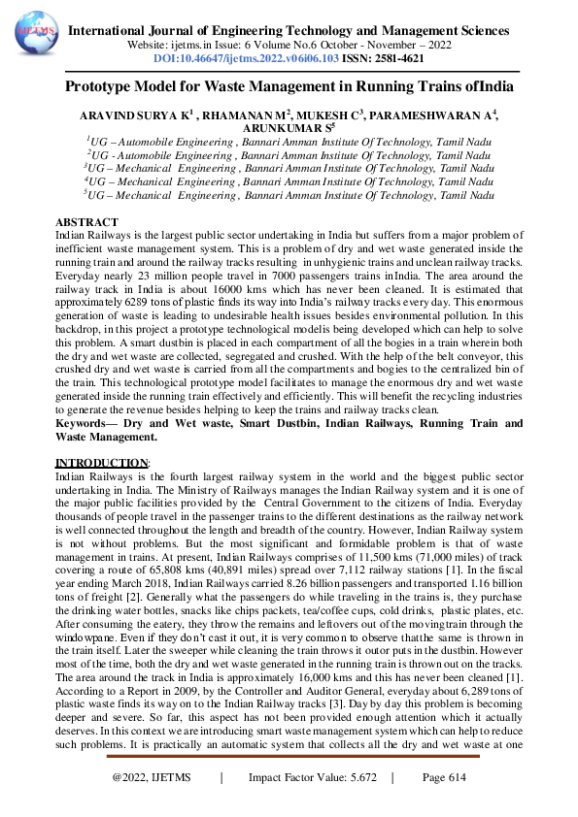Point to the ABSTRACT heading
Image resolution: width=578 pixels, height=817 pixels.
click(x=87, y=223)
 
